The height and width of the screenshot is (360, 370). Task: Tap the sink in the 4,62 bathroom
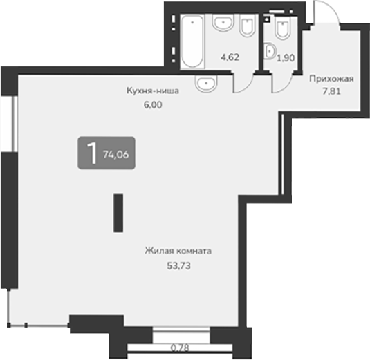click(222, 26)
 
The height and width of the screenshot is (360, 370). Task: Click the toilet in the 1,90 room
click(281, 29)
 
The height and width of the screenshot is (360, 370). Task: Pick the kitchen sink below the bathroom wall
click(205, 84)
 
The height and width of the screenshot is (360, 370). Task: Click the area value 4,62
click(230, 58)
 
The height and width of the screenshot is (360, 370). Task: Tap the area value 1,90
click(286, 59)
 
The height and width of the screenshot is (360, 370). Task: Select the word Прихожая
click(331, 79)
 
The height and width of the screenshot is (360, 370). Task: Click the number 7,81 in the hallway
click(331, 90)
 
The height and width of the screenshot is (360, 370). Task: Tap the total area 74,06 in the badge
click(115, 155)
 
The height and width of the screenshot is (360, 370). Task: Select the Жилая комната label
click(178, 251)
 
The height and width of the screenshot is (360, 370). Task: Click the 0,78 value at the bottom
click(181, 348)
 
